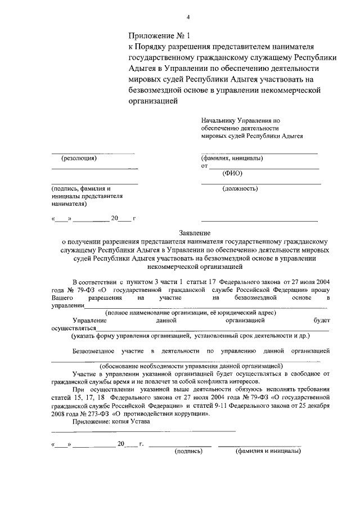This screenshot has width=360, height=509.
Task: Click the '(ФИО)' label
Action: [232, 173]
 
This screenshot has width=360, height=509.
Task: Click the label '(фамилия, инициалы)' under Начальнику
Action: [232, 158]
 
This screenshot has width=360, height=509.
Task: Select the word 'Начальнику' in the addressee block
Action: [219, 120]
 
